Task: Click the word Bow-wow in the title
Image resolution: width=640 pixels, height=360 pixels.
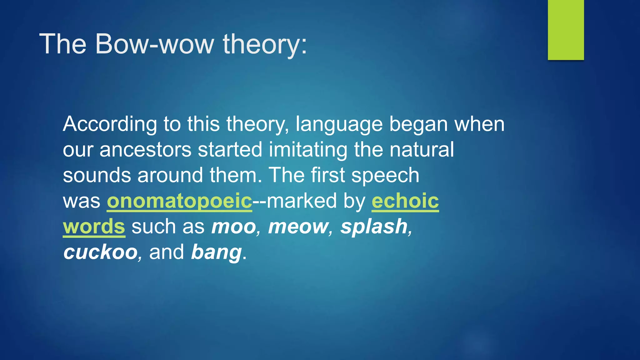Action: pos(154,44)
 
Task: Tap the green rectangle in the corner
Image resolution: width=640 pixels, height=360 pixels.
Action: pos(566,30)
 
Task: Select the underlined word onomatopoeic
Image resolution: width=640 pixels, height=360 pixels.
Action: pos(179,201)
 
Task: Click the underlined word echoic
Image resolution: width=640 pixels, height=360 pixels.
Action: pos(405,201)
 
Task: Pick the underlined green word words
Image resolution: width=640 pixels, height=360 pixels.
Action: pos(94,227)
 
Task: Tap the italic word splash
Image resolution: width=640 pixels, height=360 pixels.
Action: pos(374,227)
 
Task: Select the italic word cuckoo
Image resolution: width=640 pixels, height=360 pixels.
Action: pos(100,252)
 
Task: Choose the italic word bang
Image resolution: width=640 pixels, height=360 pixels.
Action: pos(216,252)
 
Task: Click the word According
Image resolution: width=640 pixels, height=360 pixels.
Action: pos(110,124)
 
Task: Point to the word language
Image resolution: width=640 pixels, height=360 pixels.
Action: pos(339,124)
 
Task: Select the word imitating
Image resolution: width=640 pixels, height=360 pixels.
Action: pos(308,150)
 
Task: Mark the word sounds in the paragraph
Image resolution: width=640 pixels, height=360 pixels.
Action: pos(97,175)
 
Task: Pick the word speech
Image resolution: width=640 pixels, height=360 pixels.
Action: pos(385,175)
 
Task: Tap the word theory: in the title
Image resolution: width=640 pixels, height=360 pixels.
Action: pos(265,44)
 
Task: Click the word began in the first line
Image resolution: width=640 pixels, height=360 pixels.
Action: pos(418,124)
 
